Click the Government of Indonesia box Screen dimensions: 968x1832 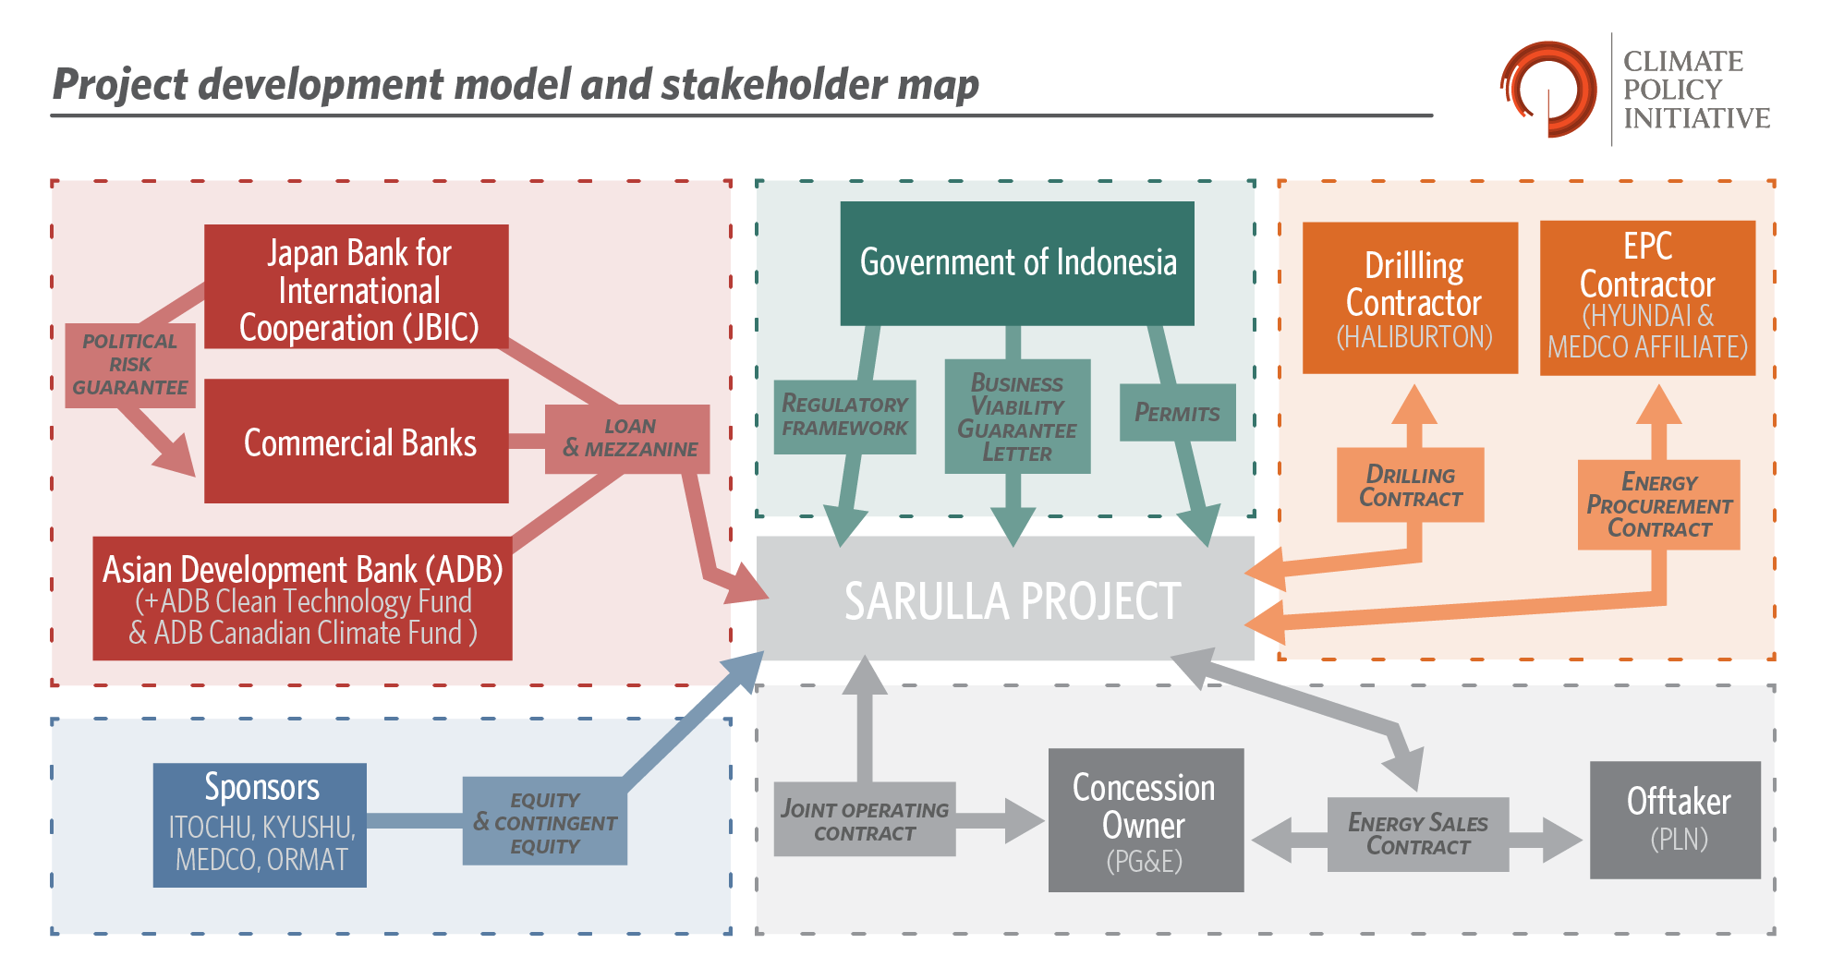click(1016, 262)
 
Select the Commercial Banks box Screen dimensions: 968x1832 click(357, 442)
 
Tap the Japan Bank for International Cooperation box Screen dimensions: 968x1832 click(357, 288)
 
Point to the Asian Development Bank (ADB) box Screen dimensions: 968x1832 click(302, 599)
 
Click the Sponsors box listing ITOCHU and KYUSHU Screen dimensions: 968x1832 click(260, 824)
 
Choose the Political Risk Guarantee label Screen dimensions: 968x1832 click(130, 365)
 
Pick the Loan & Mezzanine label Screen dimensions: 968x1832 click(627, 439)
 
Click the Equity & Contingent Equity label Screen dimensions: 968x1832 click(544, 821)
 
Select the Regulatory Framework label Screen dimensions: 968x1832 click(844, 417)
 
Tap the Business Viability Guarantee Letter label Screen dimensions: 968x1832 click(1017, 417)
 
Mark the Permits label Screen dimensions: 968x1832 click(1177, 413)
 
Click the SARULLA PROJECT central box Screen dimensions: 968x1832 click(1005, 599)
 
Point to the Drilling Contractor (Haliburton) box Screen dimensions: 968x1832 click(1410, 298)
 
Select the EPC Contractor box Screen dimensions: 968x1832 click(1647, 298)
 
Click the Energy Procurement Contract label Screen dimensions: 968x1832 click(1658, 505)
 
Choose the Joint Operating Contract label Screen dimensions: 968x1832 click(864, 820)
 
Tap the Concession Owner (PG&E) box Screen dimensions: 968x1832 click(1146, 820)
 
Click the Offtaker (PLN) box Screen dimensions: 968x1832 click(1675, 819)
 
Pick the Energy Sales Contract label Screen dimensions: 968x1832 click(1417, 834)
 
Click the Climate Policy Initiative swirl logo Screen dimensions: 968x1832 click(1549, 90)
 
